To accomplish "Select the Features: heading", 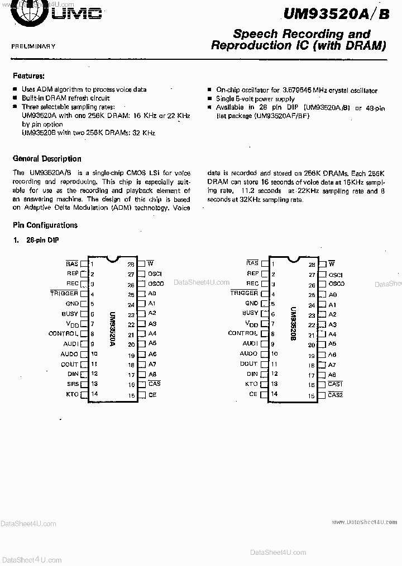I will coord(28,76).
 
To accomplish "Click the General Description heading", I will coord(47,159).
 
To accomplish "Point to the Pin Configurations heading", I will coord(45,225).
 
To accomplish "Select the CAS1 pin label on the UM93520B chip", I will coord(335,384).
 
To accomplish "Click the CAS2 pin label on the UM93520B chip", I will coord(335,395).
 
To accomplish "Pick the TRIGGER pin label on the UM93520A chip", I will coord(64,293).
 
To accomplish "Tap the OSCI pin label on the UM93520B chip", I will coord(335,275).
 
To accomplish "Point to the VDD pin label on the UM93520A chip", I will coord(73,324).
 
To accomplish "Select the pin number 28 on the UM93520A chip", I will coord(131,265).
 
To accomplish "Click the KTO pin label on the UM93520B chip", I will coord(251,384).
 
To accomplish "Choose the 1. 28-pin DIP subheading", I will coord(36,240).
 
